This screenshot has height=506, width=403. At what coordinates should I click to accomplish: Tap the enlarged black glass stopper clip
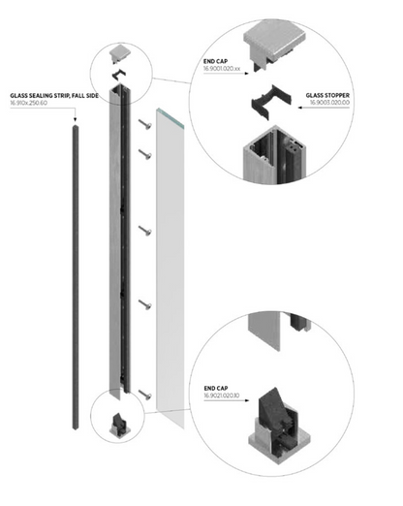[272, 101]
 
